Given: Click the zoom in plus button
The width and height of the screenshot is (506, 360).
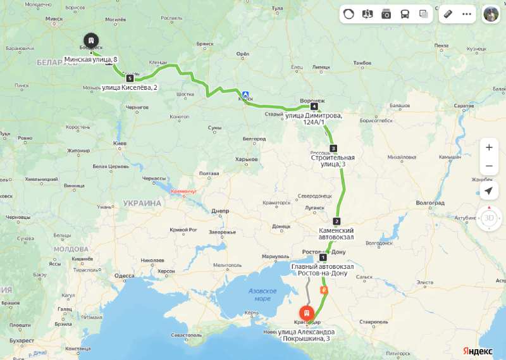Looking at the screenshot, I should click(488, 147).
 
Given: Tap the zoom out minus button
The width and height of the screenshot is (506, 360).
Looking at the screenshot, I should click(488, 166).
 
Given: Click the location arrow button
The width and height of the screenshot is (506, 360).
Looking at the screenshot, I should click(488, 190).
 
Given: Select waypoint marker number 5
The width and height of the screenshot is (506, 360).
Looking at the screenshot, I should click(130, 78).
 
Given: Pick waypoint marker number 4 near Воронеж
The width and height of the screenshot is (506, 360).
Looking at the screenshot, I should click(314, 106).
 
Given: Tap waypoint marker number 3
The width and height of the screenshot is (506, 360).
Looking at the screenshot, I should click(333, 148).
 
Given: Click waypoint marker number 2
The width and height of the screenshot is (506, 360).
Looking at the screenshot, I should click(336, 221).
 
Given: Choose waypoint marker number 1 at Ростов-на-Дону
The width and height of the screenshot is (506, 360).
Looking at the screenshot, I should click(323, 258).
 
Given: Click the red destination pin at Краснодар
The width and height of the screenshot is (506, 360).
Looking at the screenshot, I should click(306, 313).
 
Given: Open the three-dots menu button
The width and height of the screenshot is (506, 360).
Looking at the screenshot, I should click(467, 14).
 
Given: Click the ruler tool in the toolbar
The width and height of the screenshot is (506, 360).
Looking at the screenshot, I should click(448, 14).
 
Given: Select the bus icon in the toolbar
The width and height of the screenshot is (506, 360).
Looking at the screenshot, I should click(405, 14).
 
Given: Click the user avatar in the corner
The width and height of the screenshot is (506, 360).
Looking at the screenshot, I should click(491, 14).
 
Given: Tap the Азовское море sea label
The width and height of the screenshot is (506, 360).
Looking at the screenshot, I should click(262, 294).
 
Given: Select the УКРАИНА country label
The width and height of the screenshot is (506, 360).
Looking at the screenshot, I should click(142, 203).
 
